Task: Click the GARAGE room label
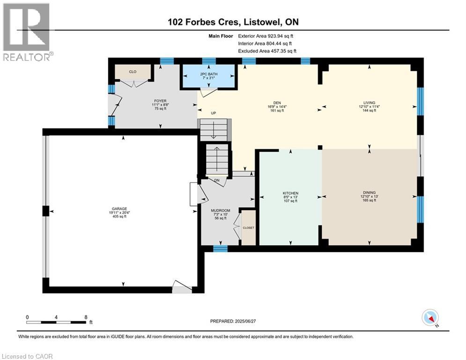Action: coord(119,209)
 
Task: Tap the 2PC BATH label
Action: coord(208,74)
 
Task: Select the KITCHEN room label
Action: coord(290,193)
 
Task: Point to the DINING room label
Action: coord(369,193)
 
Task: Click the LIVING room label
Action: coord(369,103)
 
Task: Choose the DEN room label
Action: coord(277,103)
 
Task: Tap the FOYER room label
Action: coord(160,101)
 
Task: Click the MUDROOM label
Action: coord(221,210)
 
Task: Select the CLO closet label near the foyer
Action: coord(133,72)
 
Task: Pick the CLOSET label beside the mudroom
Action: coord(248,228)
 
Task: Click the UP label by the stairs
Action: coord(213,113)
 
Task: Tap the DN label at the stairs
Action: coord(217,180)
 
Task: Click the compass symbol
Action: coord(430,318)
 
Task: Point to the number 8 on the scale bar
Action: coord(86,317)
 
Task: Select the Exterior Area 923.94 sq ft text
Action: coord(266,36)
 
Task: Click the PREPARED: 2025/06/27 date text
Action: coord(233,321)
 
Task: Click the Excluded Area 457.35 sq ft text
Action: coord(267,51)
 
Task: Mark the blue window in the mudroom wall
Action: coord(221,249)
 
